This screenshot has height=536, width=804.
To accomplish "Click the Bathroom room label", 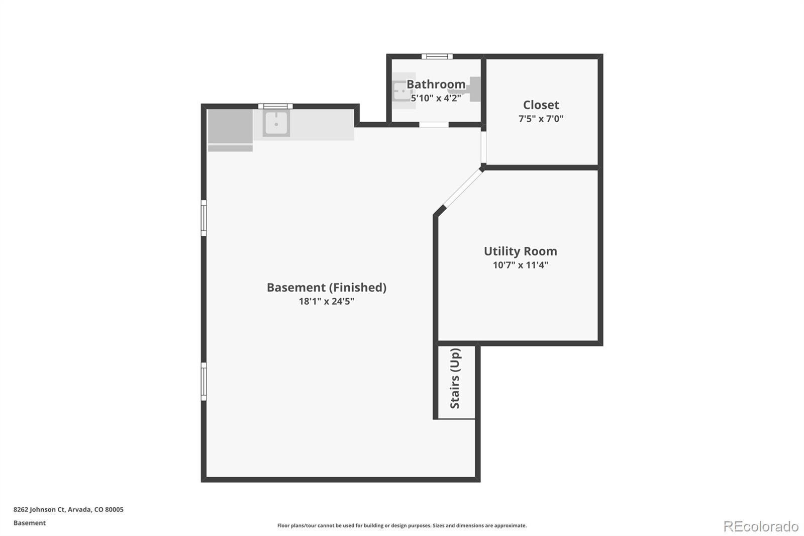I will click(x=436, y=84).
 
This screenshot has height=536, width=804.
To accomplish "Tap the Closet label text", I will click(x=541, y=105).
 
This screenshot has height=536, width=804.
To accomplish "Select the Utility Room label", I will click(x=520, y=251).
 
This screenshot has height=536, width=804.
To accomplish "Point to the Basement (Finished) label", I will click(x=326, y=288).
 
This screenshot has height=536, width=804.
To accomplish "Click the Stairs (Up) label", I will click(x=455, y=379).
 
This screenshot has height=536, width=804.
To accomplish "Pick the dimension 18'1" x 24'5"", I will click(x=326, y=302).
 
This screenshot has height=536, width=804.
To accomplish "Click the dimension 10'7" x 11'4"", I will click(x=520, y=265).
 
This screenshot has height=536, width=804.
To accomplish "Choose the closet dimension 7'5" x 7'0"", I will click(x=541, y=119).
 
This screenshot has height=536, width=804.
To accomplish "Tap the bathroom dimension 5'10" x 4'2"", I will click(x=436, y=98).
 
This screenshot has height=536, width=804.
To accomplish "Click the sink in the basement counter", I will click(x=276, y=124).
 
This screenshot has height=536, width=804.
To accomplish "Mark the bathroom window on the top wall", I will click(x=437, y=56).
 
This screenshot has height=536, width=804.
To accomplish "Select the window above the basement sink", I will click(x=275, y=106).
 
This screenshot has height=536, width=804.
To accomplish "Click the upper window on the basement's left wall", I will click(x=204, y=218).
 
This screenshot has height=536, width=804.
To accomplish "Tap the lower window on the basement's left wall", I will click(x=204, y=381).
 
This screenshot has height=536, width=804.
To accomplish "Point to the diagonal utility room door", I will click(x=462, y=189).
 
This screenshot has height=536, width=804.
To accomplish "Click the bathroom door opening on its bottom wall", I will click(x=434, y=124).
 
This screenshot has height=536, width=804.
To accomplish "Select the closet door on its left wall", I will click(x=483, y=146).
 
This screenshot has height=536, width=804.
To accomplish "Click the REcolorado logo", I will click(x=760, y=526).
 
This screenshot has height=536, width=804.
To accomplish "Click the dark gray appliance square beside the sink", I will click(x=230, y=127).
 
